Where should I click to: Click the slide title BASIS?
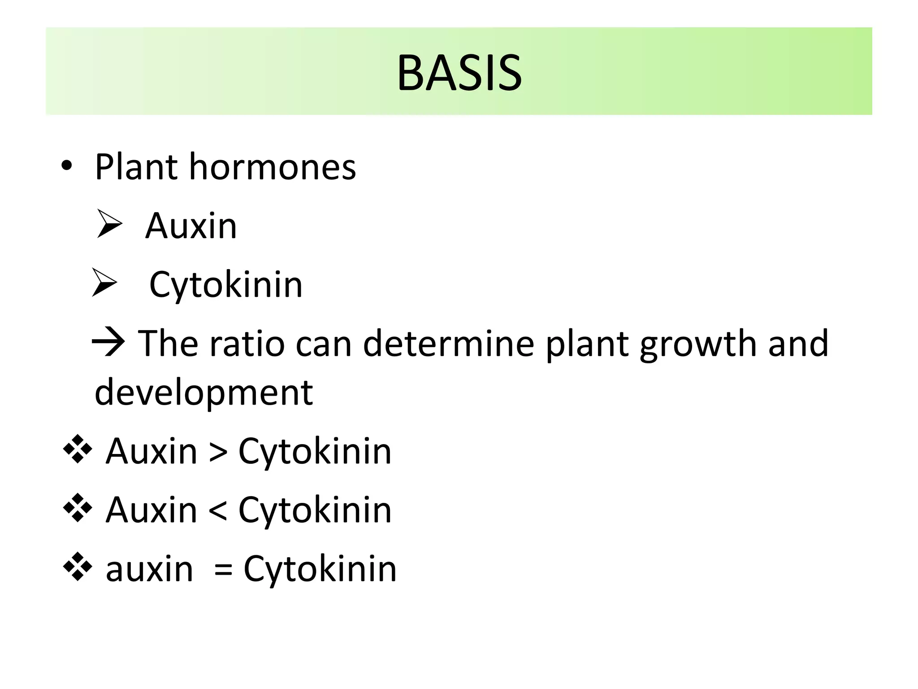click(459, 73)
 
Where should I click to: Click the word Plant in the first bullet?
click(137, 167)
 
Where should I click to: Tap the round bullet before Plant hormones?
click(66, 168)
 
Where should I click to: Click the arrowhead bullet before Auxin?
click(109, 224)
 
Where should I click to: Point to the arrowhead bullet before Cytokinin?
click(104, 282)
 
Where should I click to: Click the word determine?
click(448, 343)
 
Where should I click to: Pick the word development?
click(204, 393)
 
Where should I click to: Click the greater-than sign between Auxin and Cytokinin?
click(218, 451)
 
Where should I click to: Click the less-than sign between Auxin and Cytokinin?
click(218, 510)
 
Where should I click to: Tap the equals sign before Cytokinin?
click(223, 569)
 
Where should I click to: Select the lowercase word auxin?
click(149, 569)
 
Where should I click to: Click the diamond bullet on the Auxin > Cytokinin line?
click(78, 449)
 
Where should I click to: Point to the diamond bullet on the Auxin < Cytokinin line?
click(78, 508)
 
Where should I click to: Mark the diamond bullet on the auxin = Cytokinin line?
click(78, 567)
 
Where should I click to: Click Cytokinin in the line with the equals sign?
click(320, 569)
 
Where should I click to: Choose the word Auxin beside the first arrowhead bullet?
click(191, 226)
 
